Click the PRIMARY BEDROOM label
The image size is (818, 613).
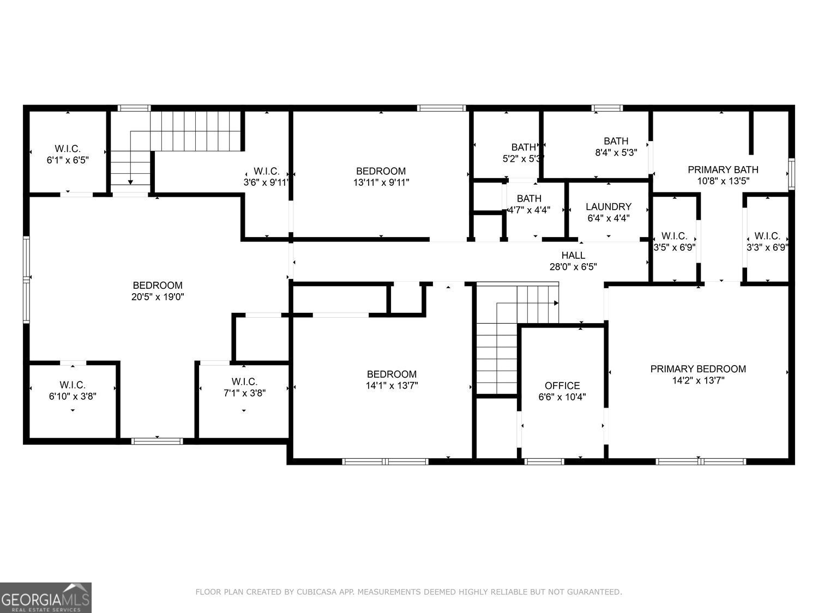[698, 369]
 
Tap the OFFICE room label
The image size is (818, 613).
[562, 385]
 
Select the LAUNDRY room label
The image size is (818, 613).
[609, 207]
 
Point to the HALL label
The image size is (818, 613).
[573, 255]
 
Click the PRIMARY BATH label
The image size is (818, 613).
[723, 169]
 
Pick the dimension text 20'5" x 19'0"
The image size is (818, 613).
[158, 297]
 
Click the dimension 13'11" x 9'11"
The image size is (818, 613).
[381, 183]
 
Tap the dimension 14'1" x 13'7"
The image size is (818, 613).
[392, 386]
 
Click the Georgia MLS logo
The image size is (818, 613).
[45, 597]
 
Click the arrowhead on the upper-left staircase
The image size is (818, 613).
[130, 182]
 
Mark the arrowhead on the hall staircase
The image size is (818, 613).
[556, 303]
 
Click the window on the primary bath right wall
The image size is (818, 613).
[791, 174]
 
